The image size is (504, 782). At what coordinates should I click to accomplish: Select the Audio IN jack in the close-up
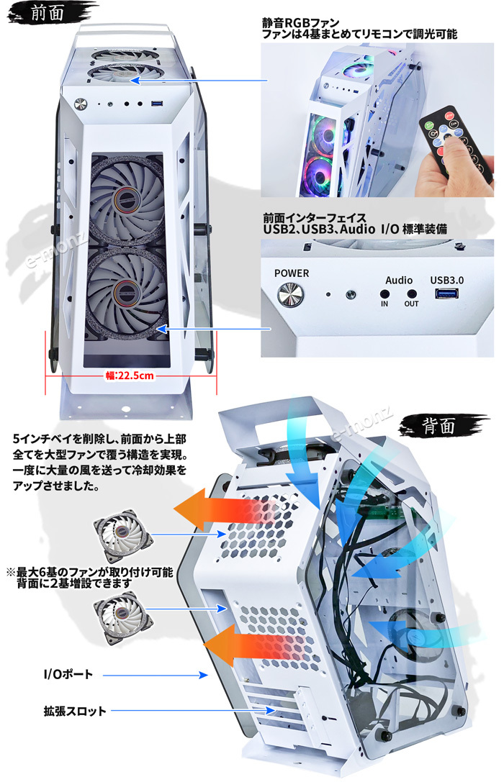click(384, 294)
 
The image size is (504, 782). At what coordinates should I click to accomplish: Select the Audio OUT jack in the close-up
click(412, 294)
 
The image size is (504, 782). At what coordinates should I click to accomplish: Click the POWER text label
click(292, 273)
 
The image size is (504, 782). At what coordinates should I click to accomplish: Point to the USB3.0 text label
click(446, 279)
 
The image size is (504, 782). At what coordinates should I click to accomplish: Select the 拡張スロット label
click(74, 711)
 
